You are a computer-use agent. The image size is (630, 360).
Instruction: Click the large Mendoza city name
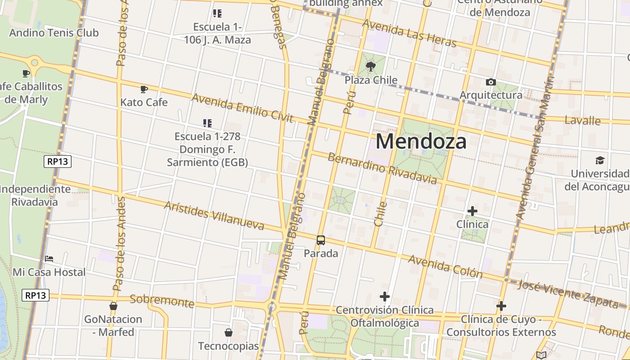(x=421, y=141)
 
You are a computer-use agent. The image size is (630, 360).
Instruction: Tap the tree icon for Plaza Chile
(x=371, y=67)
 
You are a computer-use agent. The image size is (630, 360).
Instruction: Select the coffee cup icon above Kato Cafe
(x=144, y=90)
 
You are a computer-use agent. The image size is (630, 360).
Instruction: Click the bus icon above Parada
(x=321, y=240)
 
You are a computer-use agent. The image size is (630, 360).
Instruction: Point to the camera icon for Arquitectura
(x=491, y=82)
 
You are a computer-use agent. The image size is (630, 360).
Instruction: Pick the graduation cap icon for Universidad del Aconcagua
(x=599, y=161)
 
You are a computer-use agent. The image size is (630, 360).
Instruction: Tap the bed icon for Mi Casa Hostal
(x=49, y=259)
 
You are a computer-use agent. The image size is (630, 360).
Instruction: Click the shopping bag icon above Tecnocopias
(x=229, y=333)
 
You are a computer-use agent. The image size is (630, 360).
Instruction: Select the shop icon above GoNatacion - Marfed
(x=113, y=306)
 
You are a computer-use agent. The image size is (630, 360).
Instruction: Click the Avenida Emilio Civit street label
(x=243, y=108)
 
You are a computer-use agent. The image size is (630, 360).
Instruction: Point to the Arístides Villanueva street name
(x=214, y=215)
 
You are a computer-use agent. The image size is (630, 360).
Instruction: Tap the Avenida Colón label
(x=445, y=267)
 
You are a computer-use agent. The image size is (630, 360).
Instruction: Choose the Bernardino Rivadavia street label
(x=382, y=169)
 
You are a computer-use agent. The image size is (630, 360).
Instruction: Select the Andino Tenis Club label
(x=54, y=33)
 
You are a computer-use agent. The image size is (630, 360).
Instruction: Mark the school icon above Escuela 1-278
(x=207, y=123)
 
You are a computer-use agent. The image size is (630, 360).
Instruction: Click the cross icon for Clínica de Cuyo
(x=501, y=306)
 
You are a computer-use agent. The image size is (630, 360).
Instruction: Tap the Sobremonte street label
(x=162, y=301)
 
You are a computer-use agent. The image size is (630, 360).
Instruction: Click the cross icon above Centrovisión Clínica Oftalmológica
(x=385, y=297)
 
